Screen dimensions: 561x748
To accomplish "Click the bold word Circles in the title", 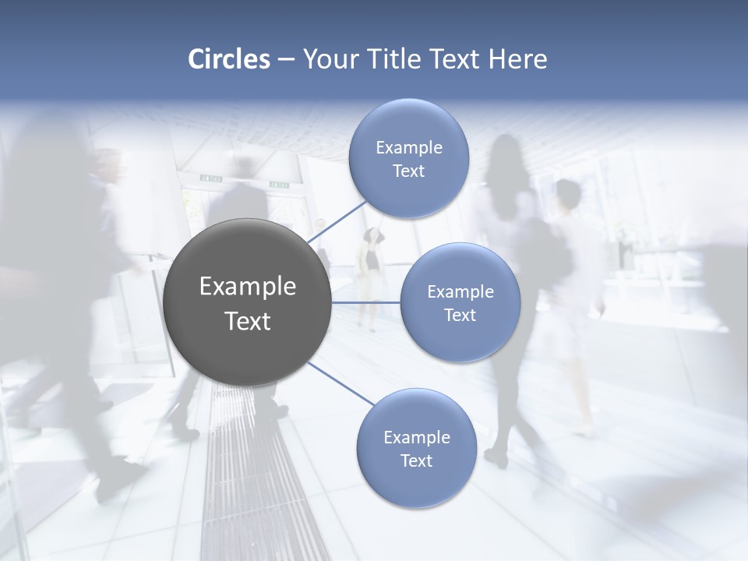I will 228,59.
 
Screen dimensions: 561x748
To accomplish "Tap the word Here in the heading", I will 517,59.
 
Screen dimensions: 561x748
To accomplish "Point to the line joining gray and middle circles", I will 365,302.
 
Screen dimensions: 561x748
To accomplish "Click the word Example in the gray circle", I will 247,287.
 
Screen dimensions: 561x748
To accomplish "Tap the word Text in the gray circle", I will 247,321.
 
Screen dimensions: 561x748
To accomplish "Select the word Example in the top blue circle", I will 408,147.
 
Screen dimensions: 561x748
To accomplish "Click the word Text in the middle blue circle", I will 460,315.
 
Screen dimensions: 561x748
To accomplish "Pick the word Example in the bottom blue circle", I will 416,437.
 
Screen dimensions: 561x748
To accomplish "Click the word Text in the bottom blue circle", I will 416,460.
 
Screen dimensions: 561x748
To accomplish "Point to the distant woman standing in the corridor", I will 372,269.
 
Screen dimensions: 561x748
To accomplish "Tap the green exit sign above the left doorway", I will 210,178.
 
